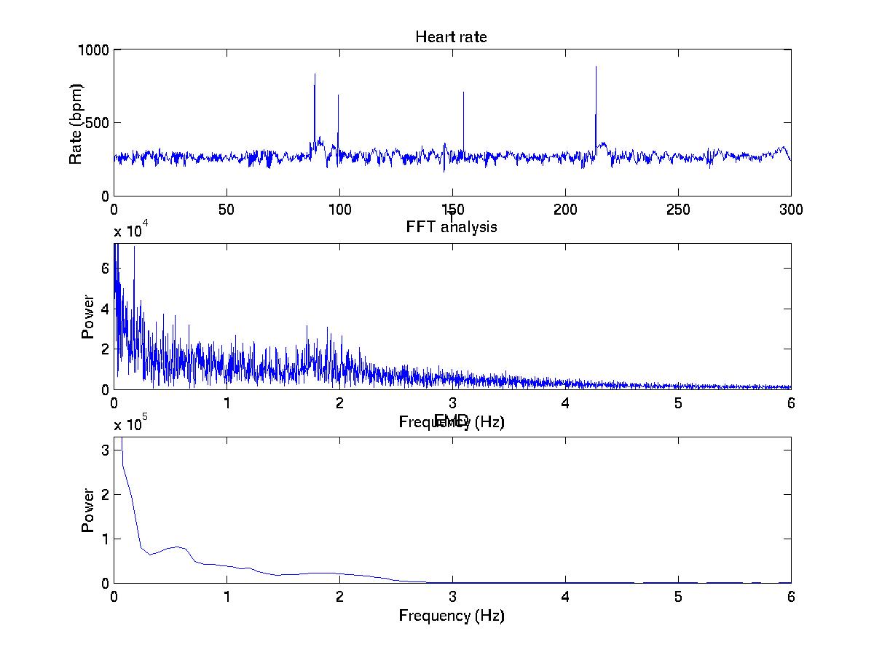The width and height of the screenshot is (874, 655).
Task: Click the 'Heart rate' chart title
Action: pos(451,36)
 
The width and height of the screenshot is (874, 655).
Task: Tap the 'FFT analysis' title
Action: pos(451,227)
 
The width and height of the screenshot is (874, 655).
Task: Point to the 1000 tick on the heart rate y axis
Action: pos(95,49)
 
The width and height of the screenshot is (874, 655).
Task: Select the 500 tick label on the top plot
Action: pos(98,122)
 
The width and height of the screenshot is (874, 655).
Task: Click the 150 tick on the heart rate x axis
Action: pos(452,210)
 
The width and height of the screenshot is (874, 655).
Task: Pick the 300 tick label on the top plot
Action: pos(791,210)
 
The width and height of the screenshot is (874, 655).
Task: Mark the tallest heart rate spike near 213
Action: pos(596,67)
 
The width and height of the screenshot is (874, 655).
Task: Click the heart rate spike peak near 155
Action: pos(463,92)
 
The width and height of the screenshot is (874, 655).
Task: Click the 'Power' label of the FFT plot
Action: pos(88,316)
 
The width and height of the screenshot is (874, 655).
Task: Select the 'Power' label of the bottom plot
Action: pos(88,509)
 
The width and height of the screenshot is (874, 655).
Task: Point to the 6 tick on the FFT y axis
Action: pos(105,268)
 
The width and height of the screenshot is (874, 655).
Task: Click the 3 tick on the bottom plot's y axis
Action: pos(105,450)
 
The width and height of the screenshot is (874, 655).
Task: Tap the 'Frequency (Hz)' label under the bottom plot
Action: pos(451,616)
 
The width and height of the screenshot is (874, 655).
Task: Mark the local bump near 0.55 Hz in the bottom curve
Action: pos(176,546)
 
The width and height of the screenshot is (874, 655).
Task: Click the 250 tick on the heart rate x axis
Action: pos(678,210)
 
